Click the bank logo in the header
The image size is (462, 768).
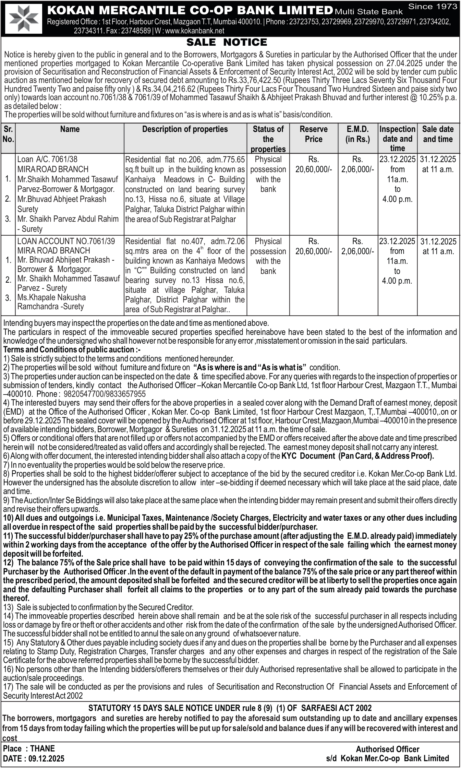coord(24,18)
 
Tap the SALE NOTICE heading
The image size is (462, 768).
coord(226,42)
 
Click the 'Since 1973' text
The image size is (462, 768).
coord(432,6)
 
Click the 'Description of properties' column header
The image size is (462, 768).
coord(185,129)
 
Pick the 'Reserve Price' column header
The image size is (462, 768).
coord(313,134)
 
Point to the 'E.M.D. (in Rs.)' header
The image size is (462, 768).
coord(358,134)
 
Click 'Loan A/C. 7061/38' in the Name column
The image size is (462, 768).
coord(47,159)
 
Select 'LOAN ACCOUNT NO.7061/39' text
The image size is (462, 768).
coord(66,241)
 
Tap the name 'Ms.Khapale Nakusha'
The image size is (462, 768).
coord(52,297)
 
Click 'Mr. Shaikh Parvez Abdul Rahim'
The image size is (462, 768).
coord(68,219)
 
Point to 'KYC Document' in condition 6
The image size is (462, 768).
coord(308,456)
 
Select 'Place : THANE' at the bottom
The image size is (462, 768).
coord(29,749)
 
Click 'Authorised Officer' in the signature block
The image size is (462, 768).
coord(387,749)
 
